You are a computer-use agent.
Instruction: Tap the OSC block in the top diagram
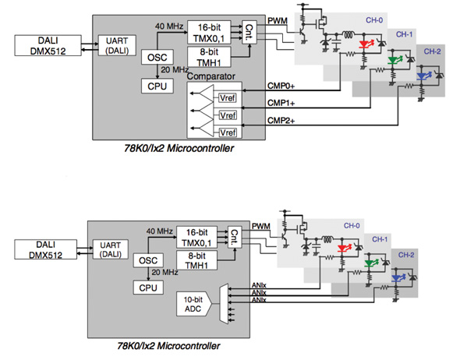point(154,58)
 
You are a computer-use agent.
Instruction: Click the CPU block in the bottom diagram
point(148,288)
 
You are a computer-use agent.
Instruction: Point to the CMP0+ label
point(282,89)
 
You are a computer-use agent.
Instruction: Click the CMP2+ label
point(282,121)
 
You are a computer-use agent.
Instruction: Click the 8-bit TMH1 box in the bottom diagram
point(197,259)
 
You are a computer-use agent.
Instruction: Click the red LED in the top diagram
point(362,44)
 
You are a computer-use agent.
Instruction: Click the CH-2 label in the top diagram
point(433,51)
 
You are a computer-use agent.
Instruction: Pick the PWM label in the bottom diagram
point(261,225)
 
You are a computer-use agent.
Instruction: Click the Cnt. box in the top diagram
point(249,31)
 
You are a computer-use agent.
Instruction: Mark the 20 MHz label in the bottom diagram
point(166,272)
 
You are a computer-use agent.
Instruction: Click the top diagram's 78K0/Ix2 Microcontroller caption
point(178,146)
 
